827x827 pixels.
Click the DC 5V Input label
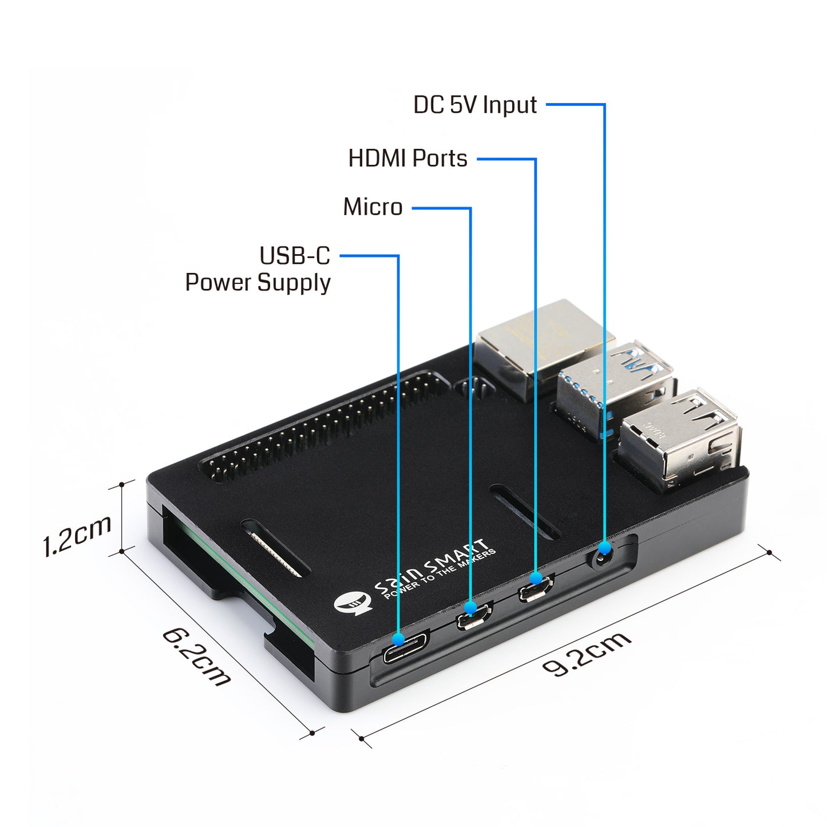[x=474, y=105]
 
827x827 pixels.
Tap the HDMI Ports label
[x=407, y=159]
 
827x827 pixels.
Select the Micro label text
[x=373, y=207]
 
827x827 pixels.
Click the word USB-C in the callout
[x=295, y=256]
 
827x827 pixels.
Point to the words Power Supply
[x=258, y=283]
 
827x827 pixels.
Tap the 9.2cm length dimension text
[x=587, y=654]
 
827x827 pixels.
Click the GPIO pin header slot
[x=323, y=427]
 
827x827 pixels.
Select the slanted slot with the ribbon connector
[x=275, y=547]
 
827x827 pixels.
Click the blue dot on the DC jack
[x=604, y=548]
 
